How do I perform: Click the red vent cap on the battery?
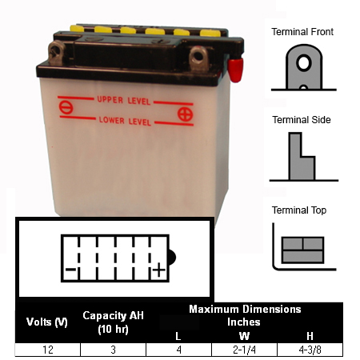[x=235, y=70]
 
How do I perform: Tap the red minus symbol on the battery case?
[x=66, y=107]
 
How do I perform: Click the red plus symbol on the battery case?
[x=185, y=114]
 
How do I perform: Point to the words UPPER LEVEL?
[x=124, y=101]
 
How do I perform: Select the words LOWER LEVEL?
[x=125, y=121]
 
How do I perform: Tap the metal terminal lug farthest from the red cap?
[x=56, y=53]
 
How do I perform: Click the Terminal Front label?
[x=302, y=32]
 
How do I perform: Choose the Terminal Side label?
[x=302, y=120]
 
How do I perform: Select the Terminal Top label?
[x=299, y=210]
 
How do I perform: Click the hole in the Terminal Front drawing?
[x=304, y=63]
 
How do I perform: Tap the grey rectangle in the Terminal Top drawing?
[x=302, y=250]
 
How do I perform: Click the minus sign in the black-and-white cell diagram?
[x=70, y=270]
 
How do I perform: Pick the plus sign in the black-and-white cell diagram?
[x=159, y=270]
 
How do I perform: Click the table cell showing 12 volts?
[x=48, y=350]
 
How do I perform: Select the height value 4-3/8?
[x=310, y=350]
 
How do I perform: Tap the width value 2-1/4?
[x=244, y=350]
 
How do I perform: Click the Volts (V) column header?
[x=47, y=322]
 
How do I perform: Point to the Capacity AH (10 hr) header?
[x=113, y=322]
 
